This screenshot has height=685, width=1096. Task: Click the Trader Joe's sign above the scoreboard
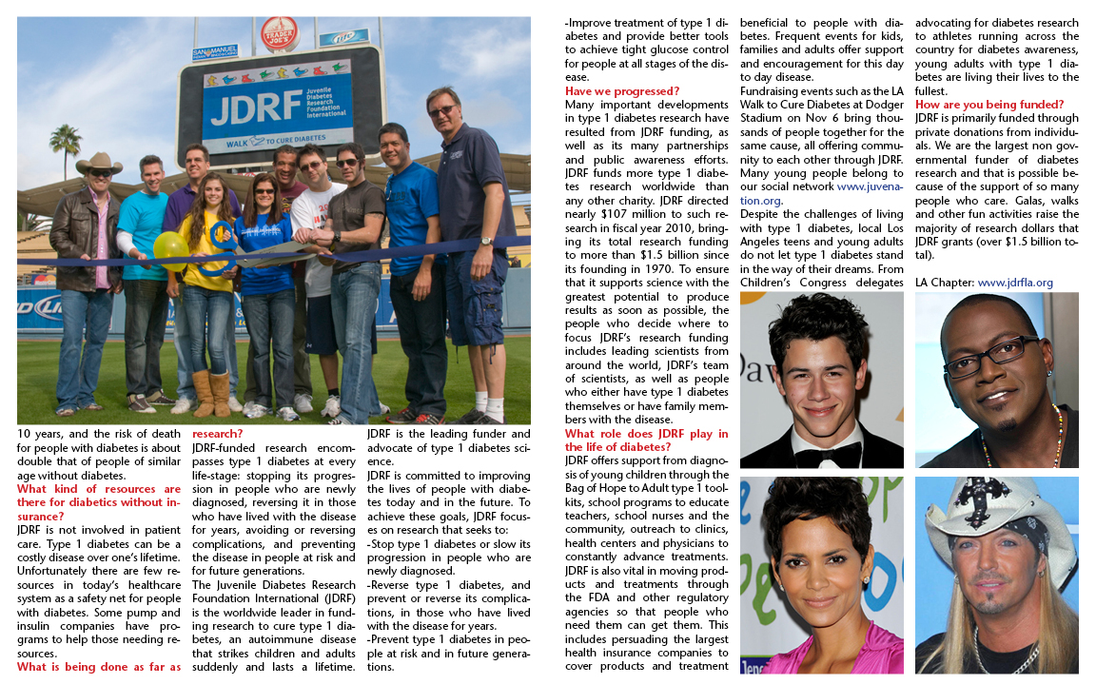coord(279,33)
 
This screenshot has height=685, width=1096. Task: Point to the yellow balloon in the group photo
coord(170,245)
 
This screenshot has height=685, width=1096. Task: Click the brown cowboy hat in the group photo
coord(99,164)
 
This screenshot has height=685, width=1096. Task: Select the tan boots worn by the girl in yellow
coord(211,393)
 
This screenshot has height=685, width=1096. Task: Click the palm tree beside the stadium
coord(67,143)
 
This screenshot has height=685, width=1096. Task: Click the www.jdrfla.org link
coord(1015,283)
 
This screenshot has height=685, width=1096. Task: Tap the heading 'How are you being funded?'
coord(989,105)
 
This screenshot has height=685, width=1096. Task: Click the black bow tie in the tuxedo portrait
coord(819,456)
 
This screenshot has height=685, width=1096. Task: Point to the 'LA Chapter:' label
coord(945,283)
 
